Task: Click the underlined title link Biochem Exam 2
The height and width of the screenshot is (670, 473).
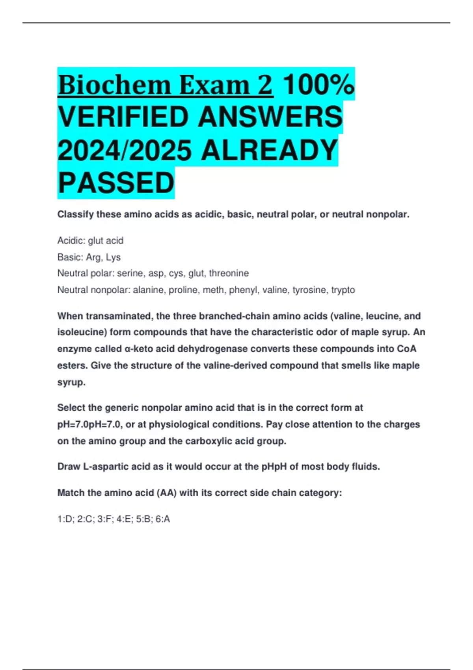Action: (165, 85)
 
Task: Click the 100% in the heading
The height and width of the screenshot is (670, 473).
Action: (318, 85)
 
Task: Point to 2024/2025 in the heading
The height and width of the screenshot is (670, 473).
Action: (125, 150)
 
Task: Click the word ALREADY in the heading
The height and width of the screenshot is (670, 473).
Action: (269, 150)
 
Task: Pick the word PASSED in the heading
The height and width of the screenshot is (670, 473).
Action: (116, 183)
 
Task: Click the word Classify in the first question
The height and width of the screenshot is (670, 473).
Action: (76, 214)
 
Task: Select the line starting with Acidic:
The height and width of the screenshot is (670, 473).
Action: (90, 240)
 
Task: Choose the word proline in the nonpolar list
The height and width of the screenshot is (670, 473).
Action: (185, 290)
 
